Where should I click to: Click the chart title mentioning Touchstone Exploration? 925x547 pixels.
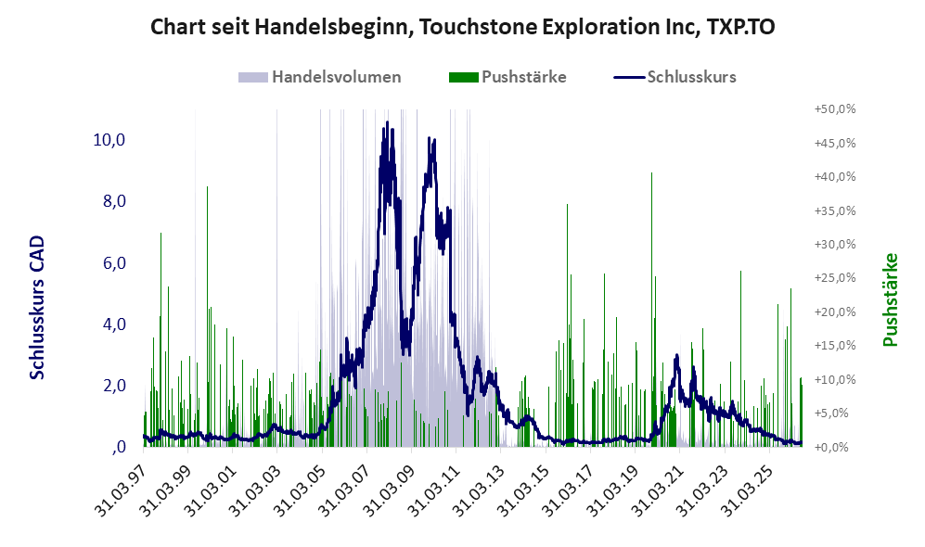[462, 27]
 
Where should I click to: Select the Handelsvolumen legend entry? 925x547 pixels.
[319, 77]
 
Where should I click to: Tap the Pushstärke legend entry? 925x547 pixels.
[507, 77]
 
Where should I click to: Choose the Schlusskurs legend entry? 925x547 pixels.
[674, 77]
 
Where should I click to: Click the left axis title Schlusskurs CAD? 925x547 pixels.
[37, 307]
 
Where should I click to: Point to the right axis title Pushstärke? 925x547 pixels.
[890, 300]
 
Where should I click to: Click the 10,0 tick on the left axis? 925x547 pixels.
[109, 140]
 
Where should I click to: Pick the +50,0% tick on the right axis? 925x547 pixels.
[835, 109]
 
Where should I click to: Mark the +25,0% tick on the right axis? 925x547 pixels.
[835, 277]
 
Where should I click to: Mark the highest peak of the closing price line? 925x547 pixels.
[387, 122]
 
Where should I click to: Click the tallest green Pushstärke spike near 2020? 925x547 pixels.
[651, 172]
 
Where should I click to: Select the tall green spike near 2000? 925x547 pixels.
[207, 187]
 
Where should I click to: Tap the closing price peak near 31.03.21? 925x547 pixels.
[676, 355]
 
